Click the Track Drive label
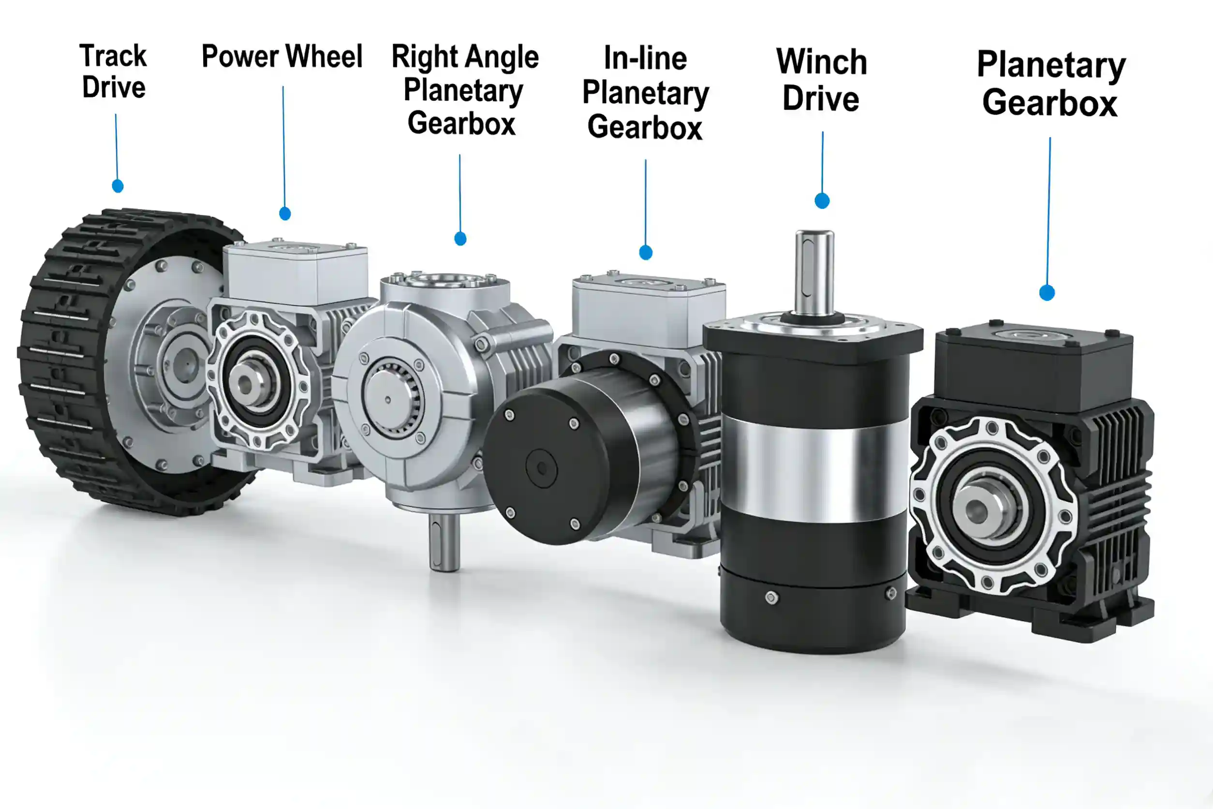(x=114, y=71)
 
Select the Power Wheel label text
(x=282, y=56)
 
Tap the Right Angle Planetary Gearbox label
(x=464, y=90)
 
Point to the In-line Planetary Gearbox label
(x=646, y=93)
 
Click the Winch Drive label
(x=822, y=80)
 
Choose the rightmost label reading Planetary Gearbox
(x=1051, y=84)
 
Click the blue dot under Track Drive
(x=118, y=186)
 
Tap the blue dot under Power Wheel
(x=285, y=213)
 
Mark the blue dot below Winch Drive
(x=822, y=201)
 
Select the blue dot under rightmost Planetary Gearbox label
(x=1047, y=293)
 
